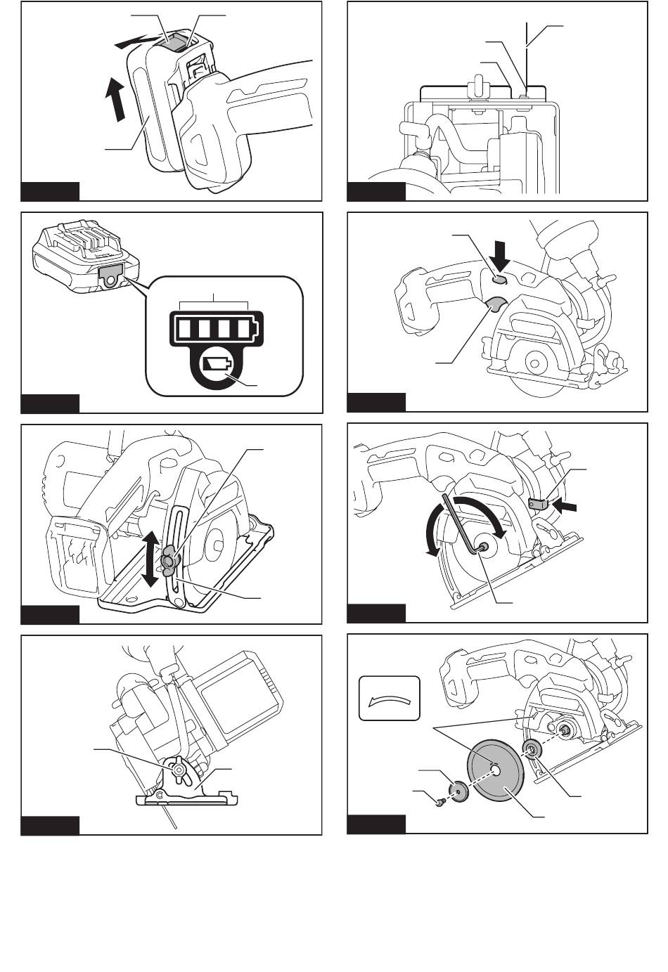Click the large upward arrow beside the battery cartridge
(113, 98)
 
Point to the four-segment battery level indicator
(214, 328)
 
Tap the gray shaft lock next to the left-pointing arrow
(539, 503)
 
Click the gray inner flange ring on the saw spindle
(531, 750)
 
